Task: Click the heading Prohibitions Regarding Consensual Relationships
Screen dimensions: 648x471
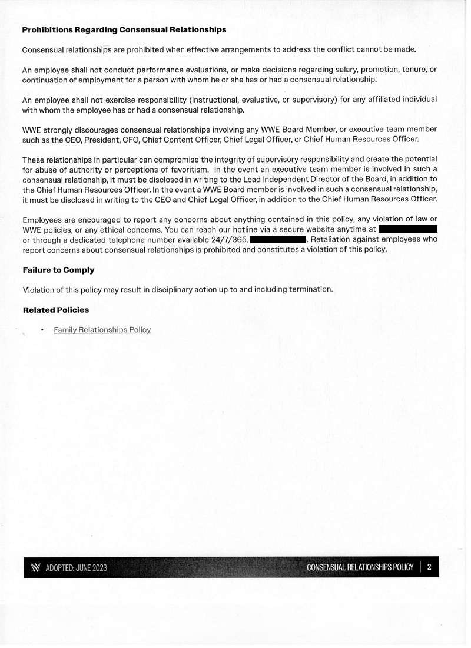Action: [124, 29]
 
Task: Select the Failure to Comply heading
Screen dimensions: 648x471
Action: [58, 270]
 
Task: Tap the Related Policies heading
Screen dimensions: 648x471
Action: [56, 309]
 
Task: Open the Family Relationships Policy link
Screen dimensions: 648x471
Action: [102, 330]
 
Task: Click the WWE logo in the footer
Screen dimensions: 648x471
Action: [35, 568]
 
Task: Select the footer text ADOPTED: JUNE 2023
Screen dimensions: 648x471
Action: [77, 568]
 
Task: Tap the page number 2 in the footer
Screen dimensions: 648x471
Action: [430, 567]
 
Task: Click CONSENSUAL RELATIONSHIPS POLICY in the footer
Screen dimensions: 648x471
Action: [360, 567]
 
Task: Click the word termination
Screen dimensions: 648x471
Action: [310, 289]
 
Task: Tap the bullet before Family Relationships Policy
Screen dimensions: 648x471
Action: [42, 330]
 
